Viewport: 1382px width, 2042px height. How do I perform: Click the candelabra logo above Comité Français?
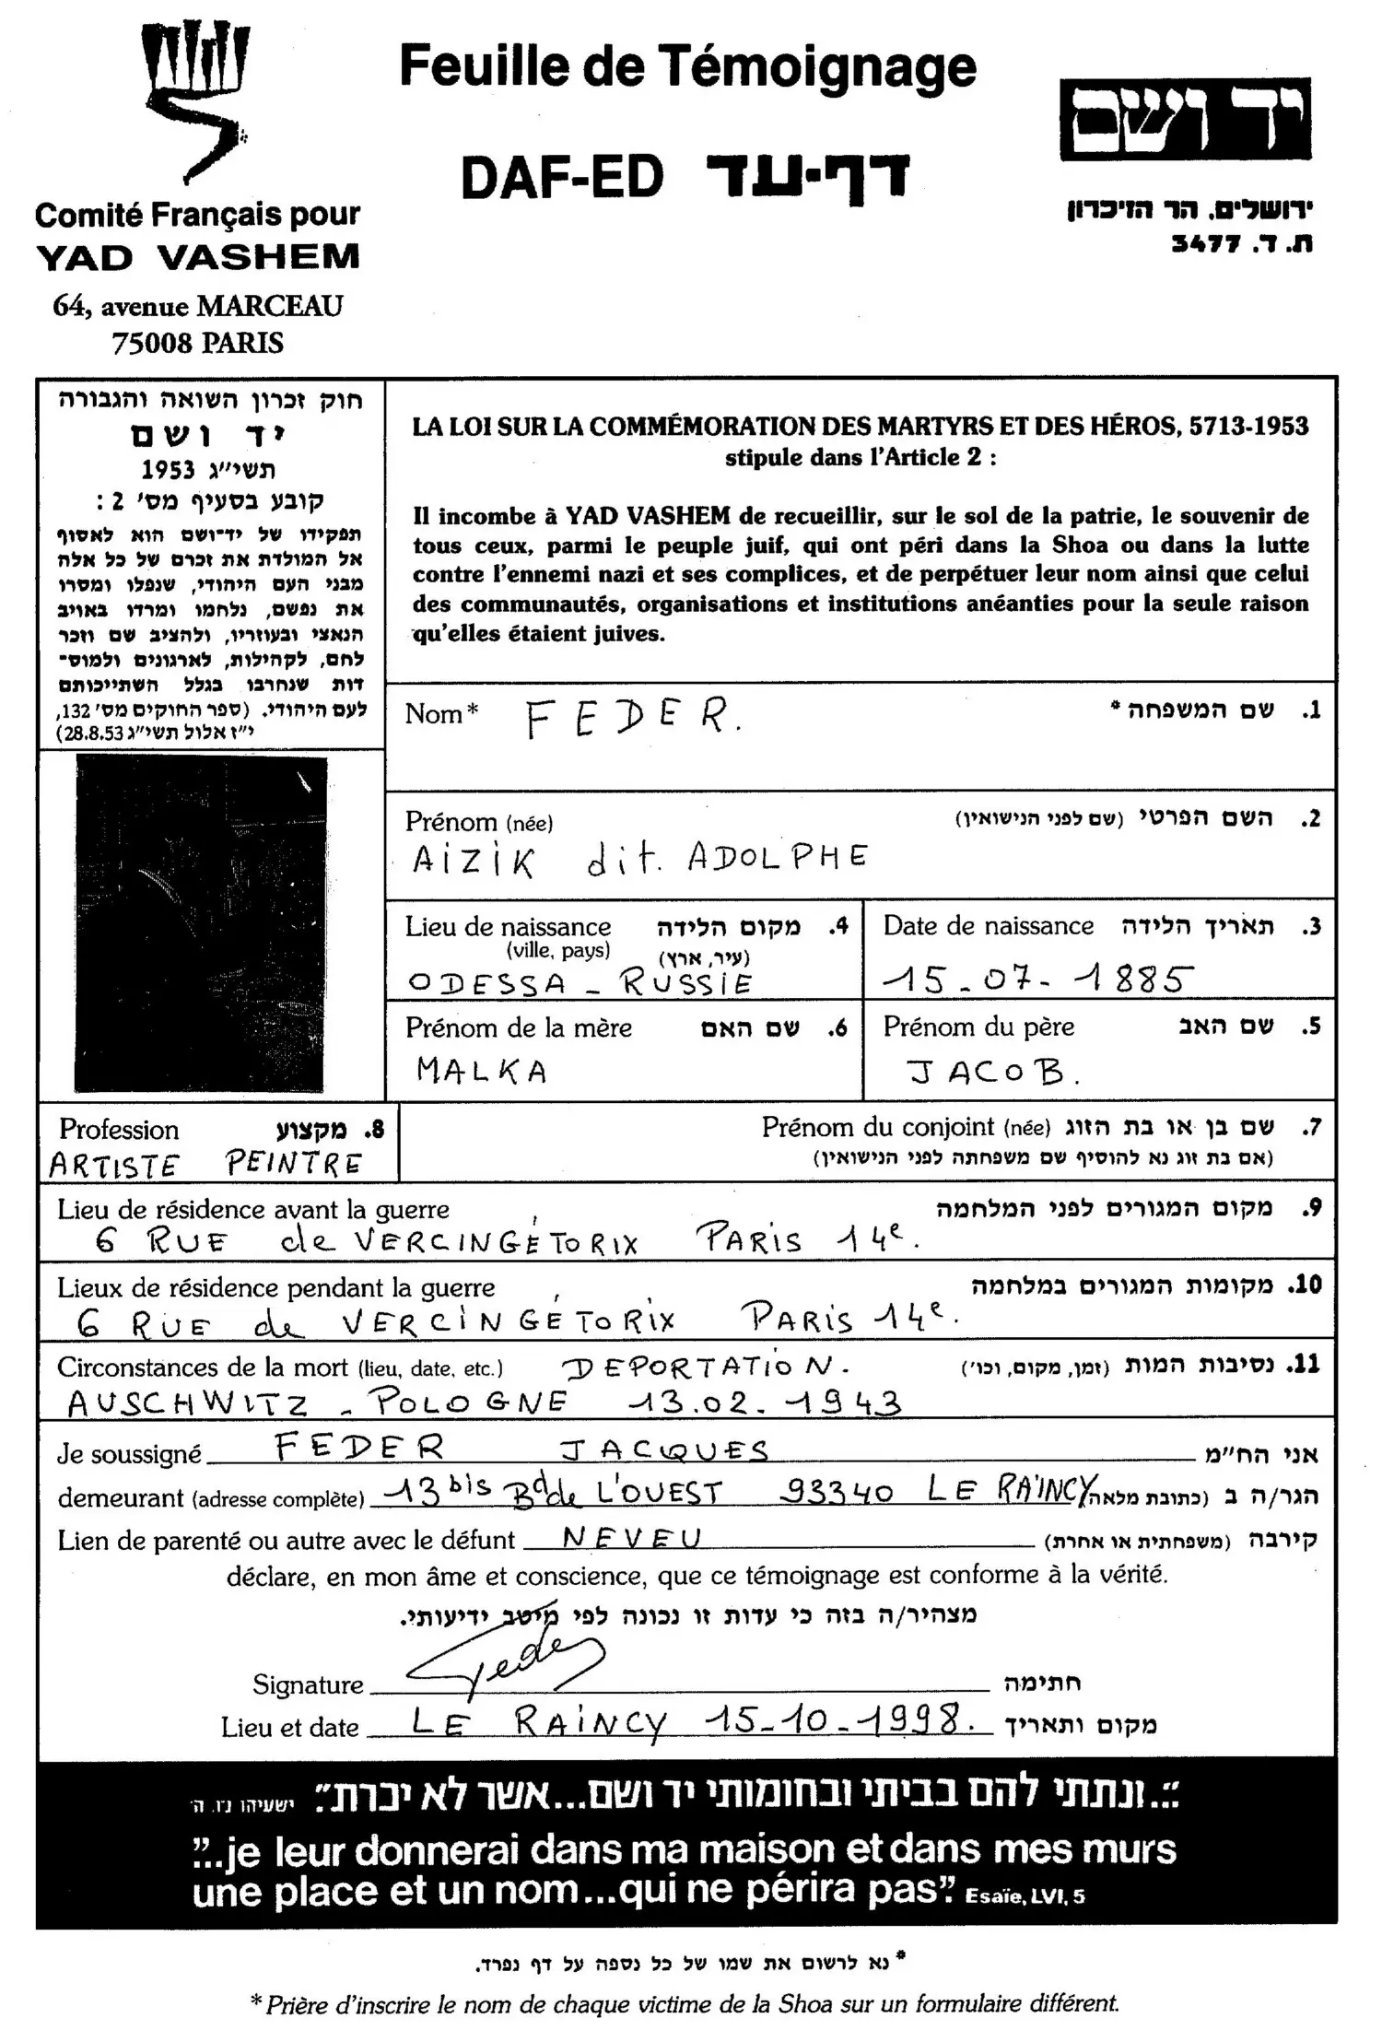pyautogui.click(x=196, y=101)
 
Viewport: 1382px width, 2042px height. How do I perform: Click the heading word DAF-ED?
pyautogui.click(x=563, y=178)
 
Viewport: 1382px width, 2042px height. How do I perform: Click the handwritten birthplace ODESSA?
pyautogui.click(x=487, y=983)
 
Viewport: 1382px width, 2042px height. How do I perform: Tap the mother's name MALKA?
pyautogui.click(x=482, y=1070)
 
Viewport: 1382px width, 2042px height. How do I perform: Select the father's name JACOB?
pyautogui.click(x=991, y=1071)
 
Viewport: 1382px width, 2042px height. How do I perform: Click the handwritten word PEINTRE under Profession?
pyautogui.click(x=294, y=1164)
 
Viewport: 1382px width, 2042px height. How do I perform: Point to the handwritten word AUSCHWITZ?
pyautogui.click(x=188, y=1403)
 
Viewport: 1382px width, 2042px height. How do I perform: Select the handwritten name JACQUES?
pyautogui.click(x=664, y=1449)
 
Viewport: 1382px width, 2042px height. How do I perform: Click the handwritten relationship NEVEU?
pyautogui.click(x=631, y=1537)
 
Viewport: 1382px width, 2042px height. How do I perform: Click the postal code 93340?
pyautogui.click(x=837, y=1492)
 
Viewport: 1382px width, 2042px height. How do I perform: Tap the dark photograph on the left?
pyautogui.click(x=200, y=923)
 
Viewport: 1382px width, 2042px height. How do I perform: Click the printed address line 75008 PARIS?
pyautogui.click(x=197, y=343)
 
